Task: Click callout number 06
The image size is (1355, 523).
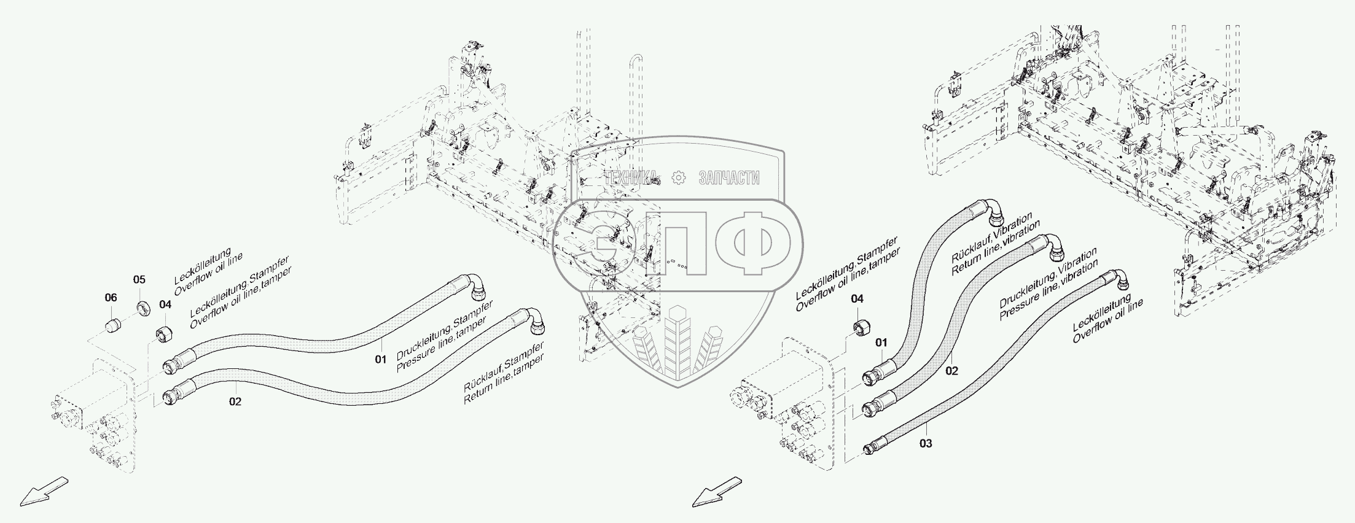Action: (111, 298)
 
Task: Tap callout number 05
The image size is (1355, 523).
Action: (139, 280)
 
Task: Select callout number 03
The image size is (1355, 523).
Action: (926, 443)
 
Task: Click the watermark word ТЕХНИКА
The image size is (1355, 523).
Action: (632, 178)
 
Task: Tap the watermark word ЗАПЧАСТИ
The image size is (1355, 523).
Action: (729, 178)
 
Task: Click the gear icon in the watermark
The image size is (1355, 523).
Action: (679, 178)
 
